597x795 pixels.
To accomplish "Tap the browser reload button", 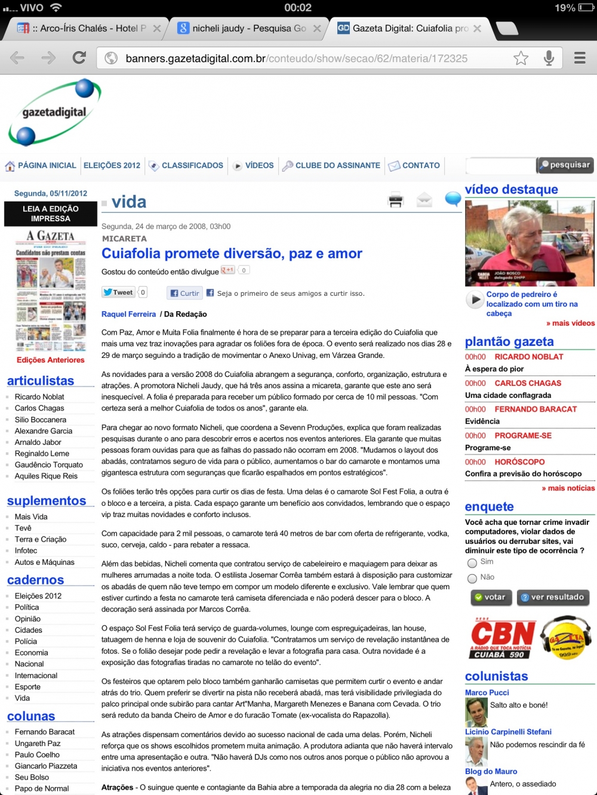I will point(79,58).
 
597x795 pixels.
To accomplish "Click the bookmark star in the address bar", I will point(521,58).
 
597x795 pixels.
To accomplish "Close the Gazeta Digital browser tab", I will point(477,28).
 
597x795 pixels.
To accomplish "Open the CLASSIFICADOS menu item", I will point(192,165).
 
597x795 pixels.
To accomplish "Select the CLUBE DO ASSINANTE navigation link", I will point(337,165).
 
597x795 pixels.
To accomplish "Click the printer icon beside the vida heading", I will point(396,200).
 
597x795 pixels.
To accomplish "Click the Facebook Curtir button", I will point(184,293).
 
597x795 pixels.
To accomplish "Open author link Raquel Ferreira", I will point(128,314).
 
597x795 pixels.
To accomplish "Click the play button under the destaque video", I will point(475,300).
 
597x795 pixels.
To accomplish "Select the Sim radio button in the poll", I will point(472,562).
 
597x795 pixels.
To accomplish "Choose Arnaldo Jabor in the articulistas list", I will point(38,442).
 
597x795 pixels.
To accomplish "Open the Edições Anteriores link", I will point(50,360).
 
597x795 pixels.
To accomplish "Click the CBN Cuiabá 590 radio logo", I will point(503,638).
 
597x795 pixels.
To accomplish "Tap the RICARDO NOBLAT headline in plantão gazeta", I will point(528,357).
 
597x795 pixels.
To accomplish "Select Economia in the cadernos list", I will point(31,652).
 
